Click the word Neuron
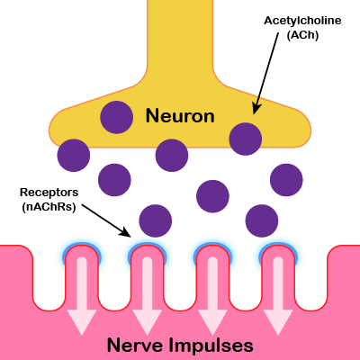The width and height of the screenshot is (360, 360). click(180, 116)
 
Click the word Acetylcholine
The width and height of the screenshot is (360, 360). click(302, 21)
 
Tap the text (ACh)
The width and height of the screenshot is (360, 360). click(302, 35)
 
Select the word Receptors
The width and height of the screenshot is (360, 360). click(49, 193)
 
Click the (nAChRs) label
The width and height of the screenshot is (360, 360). click(49, 207)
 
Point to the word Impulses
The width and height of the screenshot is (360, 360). click(211, 346)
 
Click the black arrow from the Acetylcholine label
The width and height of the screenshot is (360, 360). click(265, 73)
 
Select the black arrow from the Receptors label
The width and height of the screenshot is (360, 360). click(106, 220)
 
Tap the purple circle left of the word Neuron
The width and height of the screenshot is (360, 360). click(116, 117)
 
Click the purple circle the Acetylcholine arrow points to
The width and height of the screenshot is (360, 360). click(246, 139)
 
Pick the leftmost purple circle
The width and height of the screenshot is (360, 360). click(74, 156)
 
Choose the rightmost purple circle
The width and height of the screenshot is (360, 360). click(286, 180)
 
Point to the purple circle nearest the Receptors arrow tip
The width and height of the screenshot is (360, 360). click(156, 220)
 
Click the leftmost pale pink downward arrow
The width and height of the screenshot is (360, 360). click(82, 296)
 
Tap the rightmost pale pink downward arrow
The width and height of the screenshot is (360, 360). click(278, 296)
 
